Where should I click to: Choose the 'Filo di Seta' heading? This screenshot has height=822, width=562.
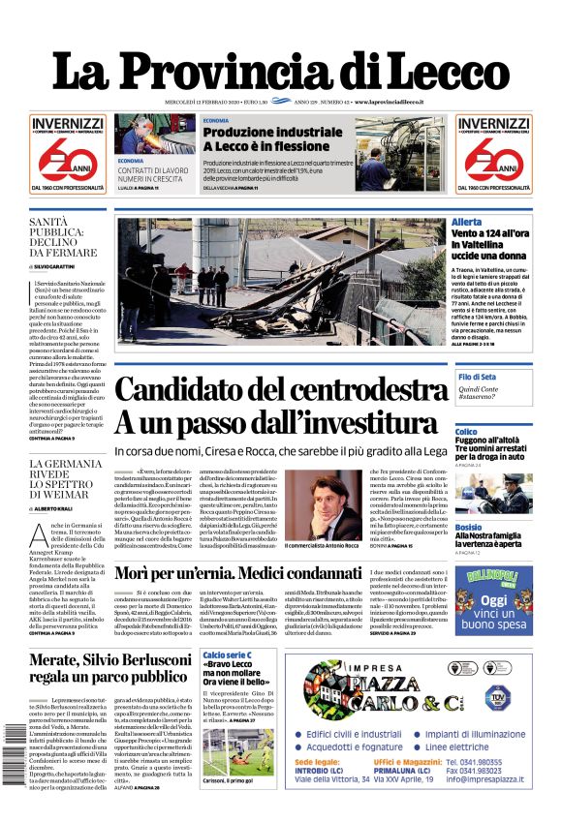point(478,376)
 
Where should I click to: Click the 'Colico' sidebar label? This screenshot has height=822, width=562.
point(466,431)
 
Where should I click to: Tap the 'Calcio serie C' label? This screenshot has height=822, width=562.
point(229,656)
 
